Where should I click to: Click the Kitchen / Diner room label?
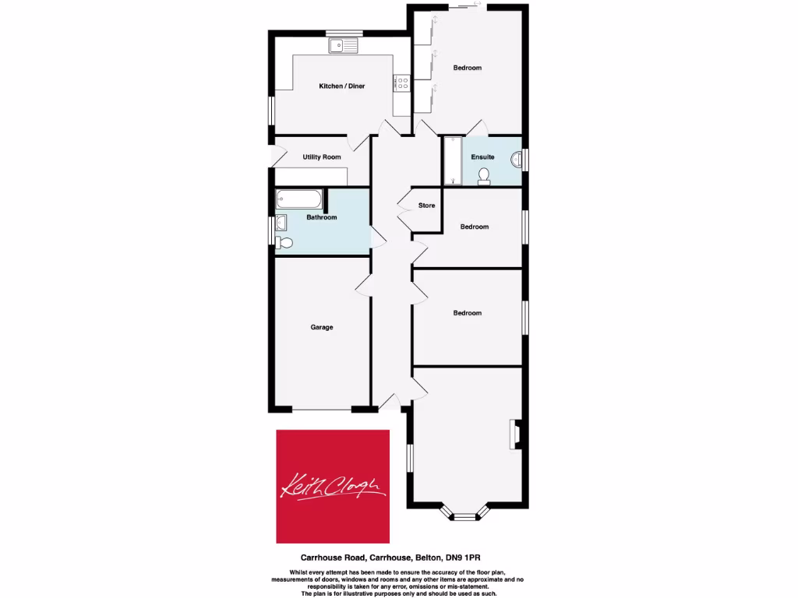click(341, 86)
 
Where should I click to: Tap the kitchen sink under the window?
click(342, 46)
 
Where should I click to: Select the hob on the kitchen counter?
click(403, 82)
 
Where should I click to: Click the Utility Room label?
click(322, 157)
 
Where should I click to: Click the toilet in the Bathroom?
click(284, 243)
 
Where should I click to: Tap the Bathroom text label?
click(321, 217)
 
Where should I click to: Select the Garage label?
click(322, 327)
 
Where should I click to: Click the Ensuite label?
click(482, 157)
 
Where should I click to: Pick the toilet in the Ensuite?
click(484, 176)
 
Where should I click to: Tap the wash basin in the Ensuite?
click(516, 159)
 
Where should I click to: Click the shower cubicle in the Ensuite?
click(452, 161)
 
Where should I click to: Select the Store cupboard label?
click(426, 206)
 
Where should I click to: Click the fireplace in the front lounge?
click(515, 434)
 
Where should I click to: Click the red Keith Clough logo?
click(334, 485)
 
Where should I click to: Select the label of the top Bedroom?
click(468, 68)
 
